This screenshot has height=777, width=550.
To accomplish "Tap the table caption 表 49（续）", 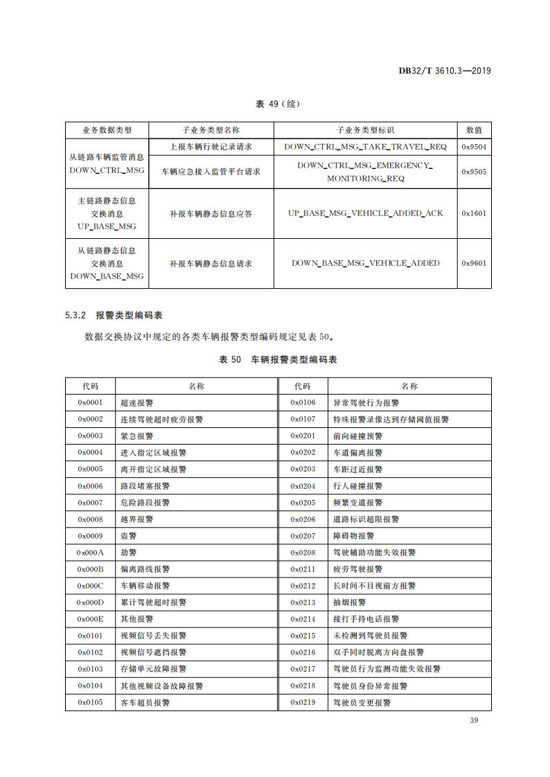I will click(x=278, y=104).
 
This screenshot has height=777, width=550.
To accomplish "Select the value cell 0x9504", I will click(x=474, y=147).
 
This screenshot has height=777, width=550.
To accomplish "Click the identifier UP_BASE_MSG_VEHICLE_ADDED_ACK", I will click(x=365, y=213).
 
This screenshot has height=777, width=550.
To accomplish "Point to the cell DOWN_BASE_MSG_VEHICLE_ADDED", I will click(x=365, y=263).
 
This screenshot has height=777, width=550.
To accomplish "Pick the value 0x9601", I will click(x=474, y=263).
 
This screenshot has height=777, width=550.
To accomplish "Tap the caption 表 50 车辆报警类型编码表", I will click(x=278, y=359).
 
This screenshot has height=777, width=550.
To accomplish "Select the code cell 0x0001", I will click(x=90, y=402).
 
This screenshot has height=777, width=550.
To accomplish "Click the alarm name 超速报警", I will click(x=137, y=402).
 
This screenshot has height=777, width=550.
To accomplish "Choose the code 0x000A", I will click(x=90, y=553).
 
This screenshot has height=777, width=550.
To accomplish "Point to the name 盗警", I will click(x=129, y=536).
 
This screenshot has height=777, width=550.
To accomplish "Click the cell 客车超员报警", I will click(x=145, y=702).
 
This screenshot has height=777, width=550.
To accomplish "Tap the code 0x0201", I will click(x=303, y=436).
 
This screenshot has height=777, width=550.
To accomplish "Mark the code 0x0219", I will click(x=303, y=702).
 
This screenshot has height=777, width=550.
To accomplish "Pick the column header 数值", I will click(x=474, y=130).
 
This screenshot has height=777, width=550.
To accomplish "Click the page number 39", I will click(x=474, y=721).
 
